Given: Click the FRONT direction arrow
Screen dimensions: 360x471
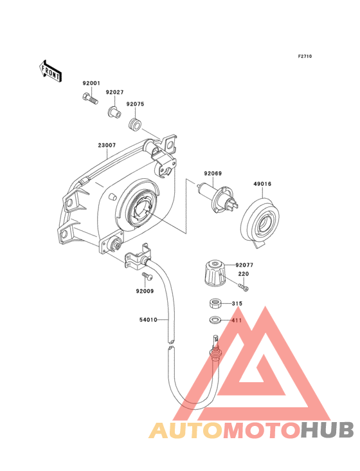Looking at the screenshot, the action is pyautogui.click(x=50, y=71).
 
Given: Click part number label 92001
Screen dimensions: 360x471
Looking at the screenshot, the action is pyautogui.click(x=91, y=83).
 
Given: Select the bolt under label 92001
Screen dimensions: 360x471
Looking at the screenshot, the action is pyautogui.click(x=90, y=98).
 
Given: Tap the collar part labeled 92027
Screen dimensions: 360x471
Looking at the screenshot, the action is pyautogui.click(x=114, y=111).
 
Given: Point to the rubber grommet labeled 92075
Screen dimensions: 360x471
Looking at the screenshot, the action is pyautogui.click(x=134, y=125).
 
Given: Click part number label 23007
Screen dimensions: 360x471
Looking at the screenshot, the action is pyautogui.click(x=107, y=145).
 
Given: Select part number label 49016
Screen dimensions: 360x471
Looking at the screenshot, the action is pyautogui.click(x=262, y=184).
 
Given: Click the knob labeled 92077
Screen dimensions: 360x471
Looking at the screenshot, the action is pyautogui.click(x=213, y=272).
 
